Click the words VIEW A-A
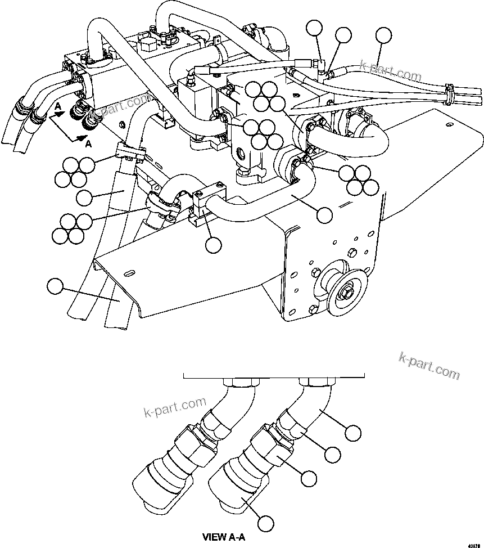[224, 537]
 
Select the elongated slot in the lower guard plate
[129, 273]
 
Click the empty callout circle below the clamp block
[213, 245]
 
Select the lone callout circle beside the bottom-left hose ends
[55, 286]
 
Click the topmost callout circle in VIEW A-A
[352, 433]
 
